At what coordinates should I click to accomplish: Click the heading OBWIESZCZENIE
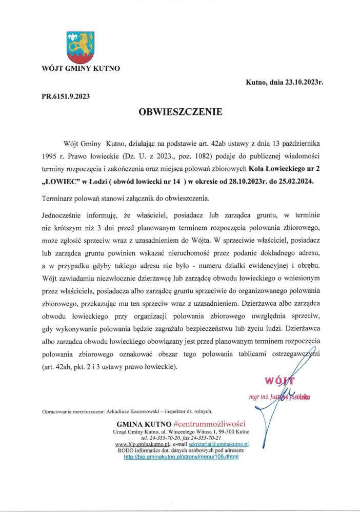click(x=180, y=111)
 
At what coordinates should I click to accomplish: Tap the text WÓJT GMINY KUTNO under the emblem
click(x=81, y=67)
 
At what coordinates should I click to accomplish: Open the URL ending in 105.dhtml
click(x=182, y=456)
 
